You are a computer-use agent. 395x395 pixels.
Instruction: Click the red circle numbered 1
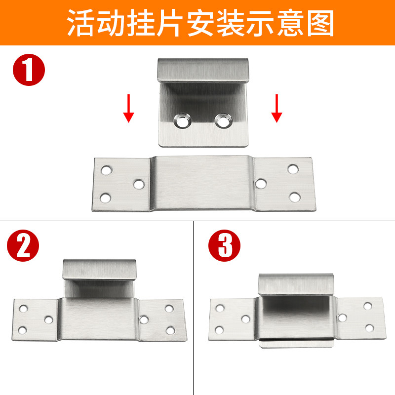[29, 70]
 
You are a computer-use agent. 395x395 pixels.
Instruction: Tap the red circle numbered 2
[23, 245]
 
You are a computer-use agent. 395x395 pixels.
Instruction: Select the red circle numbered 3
[224, 245]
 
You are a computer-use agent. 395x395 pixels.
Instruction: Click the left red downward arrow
[128, 108]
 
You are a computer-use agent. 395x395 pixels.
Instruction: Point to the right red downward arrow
[276, 108]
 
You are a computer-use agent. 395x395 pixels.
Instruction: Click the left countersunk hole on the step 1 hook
[182, 121]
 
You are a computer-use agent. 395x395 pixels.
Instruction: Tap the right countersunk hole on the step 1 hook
[224, 121]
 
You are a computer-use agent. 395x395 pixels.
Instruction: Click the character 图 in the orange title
[320, 23]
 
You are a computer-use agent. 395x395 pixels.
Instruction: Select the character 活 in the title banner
[81, 23]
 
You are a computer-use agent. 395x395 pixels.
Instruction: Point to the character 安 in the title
[201, 23]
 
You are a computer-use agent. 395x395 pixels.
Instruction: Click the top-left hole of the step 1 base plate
[107, 170]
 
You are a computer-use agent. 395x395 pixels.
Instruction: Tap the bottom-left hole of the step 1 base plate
[106, 198]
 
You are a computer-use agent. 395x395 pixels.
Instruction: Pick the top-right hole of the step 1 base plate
[293, 169]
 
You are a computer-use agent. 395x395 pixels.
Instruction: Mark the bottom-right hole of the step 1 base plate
[295, 197]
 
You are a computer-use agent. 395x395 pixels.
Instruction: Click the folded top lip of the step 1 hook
[203, 70]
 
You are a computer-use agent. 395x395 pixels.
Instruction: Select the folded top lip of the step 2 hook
[100, 269]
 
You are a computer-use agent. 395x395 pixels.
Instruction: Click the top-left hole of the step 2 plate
[23, 309]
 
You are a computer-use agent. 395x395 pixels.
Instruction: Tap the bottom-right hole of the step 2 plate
[170, 330]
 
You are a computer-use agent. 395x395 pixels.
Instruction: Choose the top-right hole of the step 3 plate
[368, 306]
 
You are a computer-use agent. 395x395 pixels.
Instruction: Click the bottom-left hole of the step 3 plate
[219, 330]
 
